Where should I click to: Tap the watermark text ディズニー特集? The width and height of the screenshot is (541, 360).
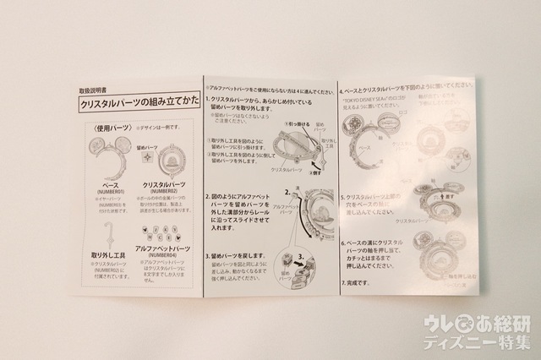coord(485,341)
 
